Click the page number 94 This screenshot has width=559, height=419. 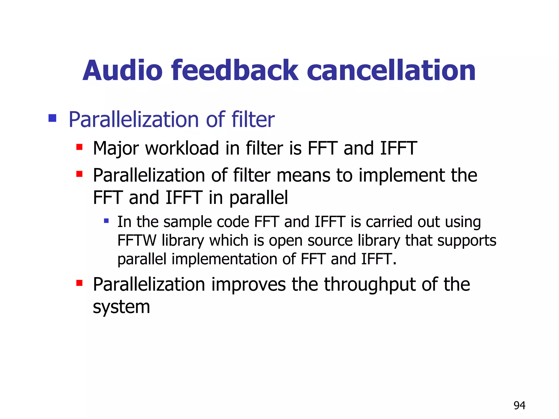coord(519,405)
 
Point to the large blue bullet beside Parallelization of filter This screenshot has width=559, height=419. coord(52,118)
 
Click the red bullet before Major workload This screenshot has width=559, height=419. coord(79,147)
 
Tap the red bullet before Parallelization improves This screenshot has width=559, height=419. coord(79,283)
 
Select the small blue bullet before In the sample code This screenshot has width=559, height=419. coord(106,220)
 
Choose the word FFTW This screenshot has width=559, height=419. coord(137,240)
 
